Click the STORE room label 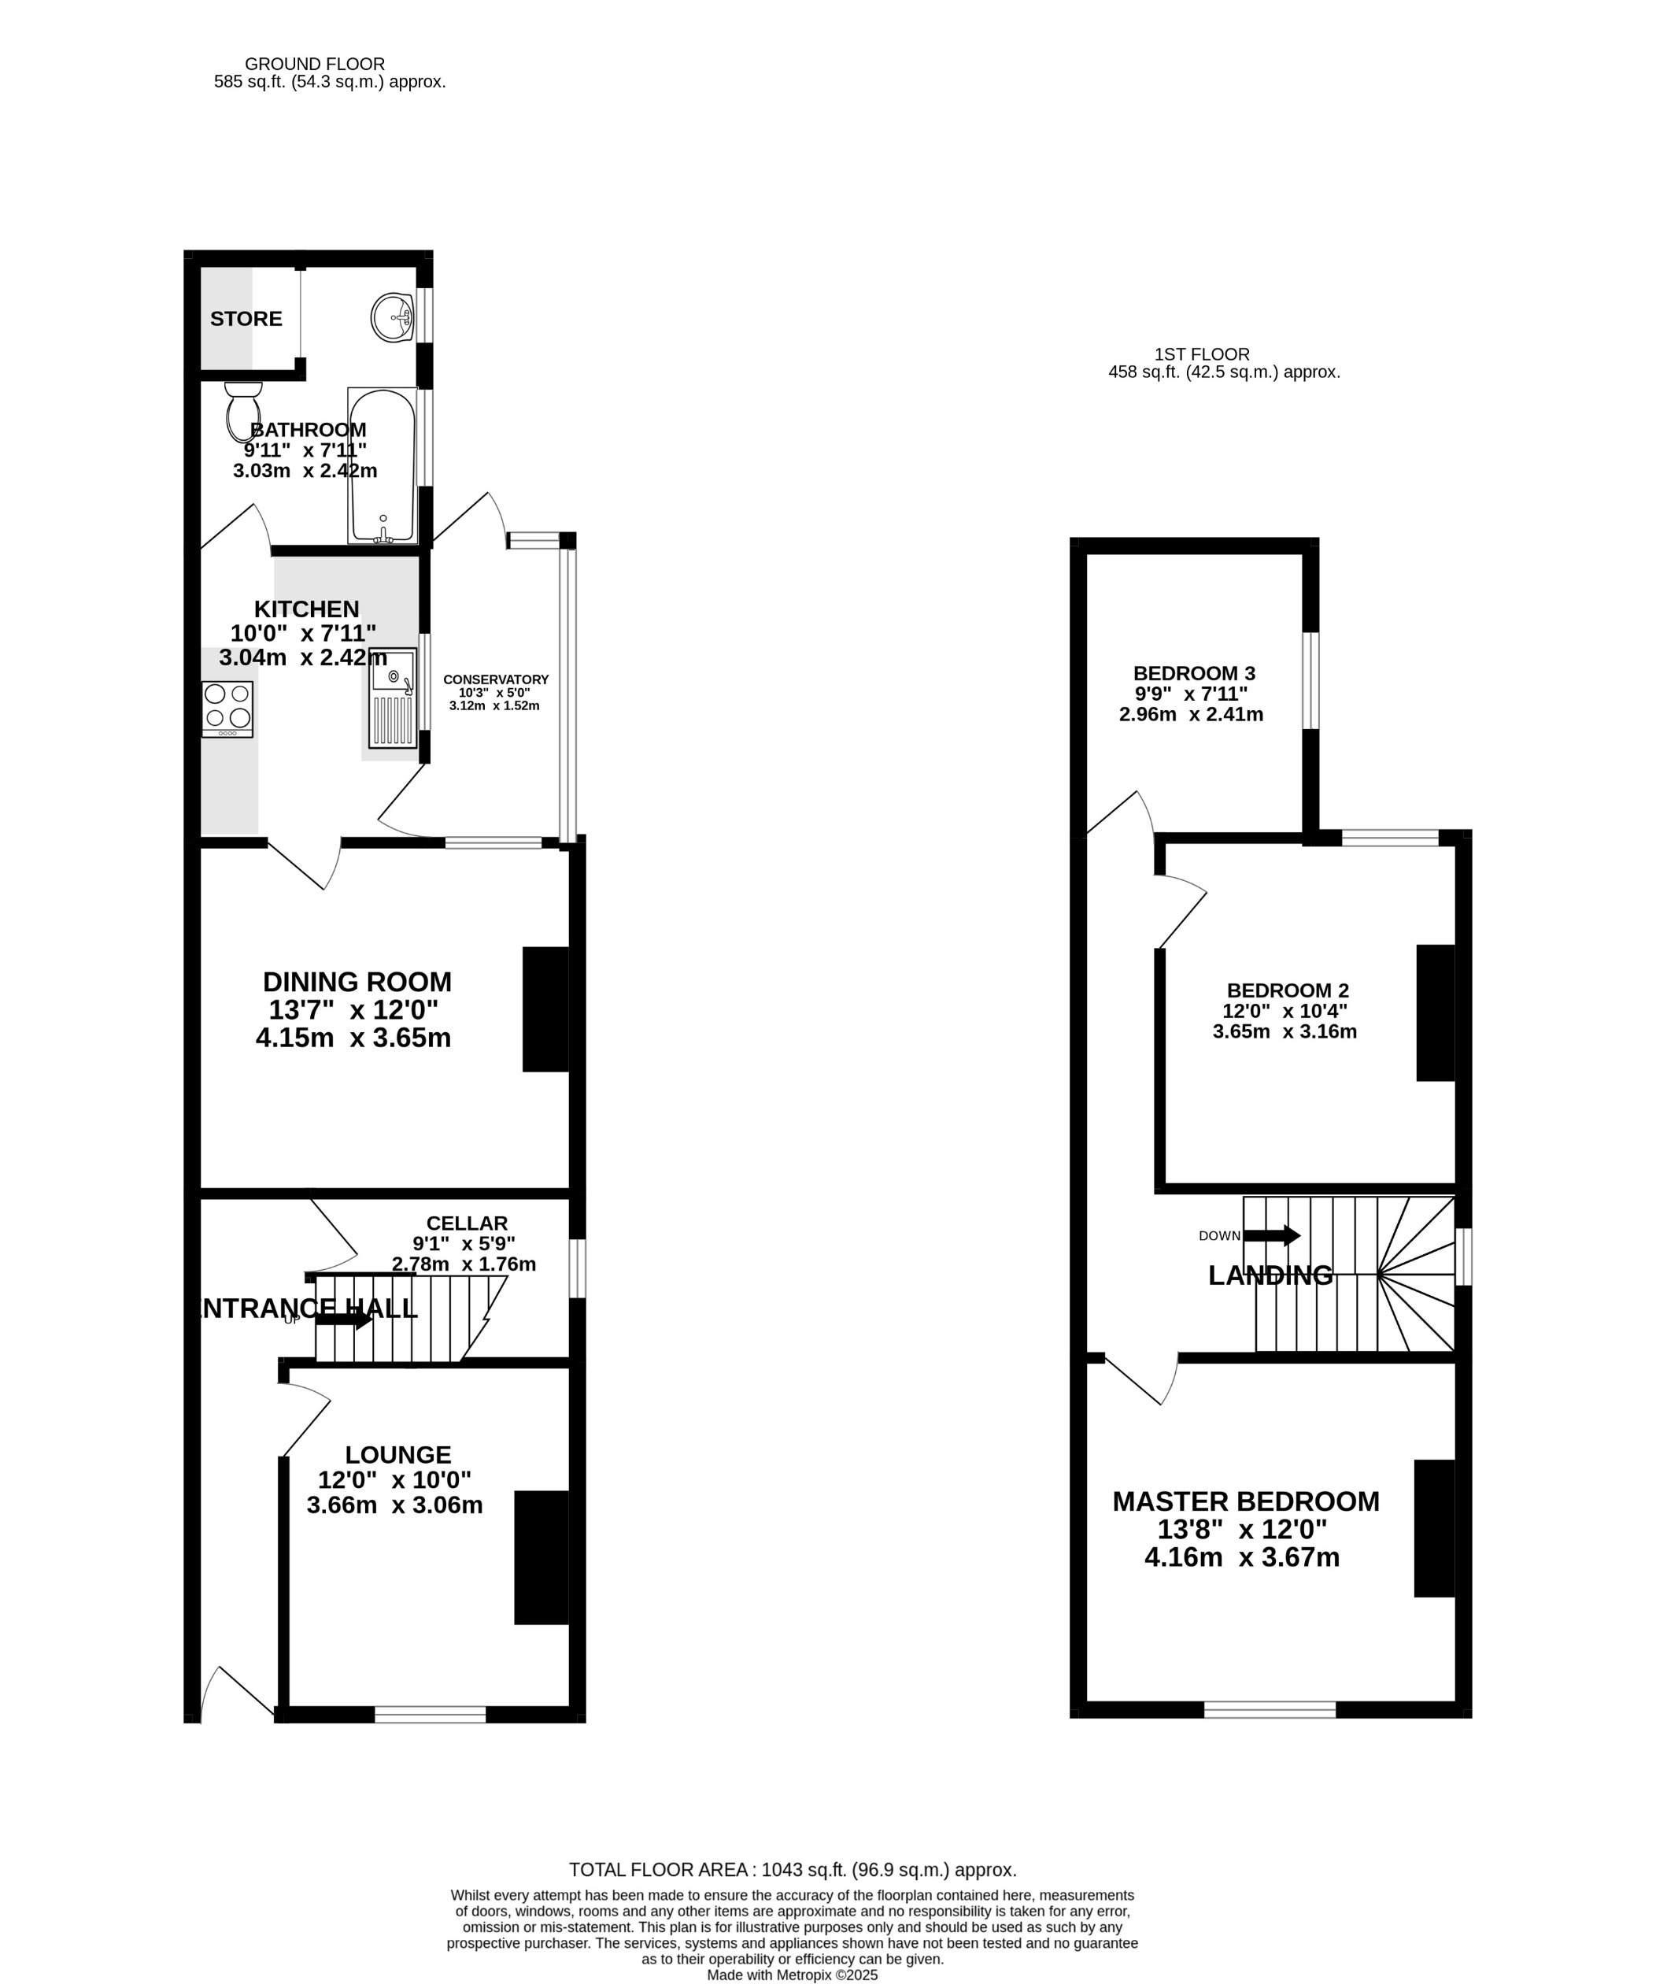[246, 318]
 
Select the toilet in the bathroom [242, 412]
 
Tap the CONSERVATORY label [495, 679]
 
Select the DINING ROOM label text [357, 982]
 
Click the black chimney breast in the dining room [545, 1009]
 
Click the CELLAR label [467, 1223]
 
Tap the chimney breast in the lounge [541, 1558]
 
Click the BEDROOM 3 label [1194, 674]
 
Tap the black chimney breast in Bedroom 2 [1434, 1012]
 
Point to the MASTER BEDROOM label [1245, 1501]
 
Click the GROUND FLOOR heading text [315, 65]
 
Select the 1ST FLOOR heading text [1202, 354]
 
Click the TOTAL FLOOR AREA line [793, 1870]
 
